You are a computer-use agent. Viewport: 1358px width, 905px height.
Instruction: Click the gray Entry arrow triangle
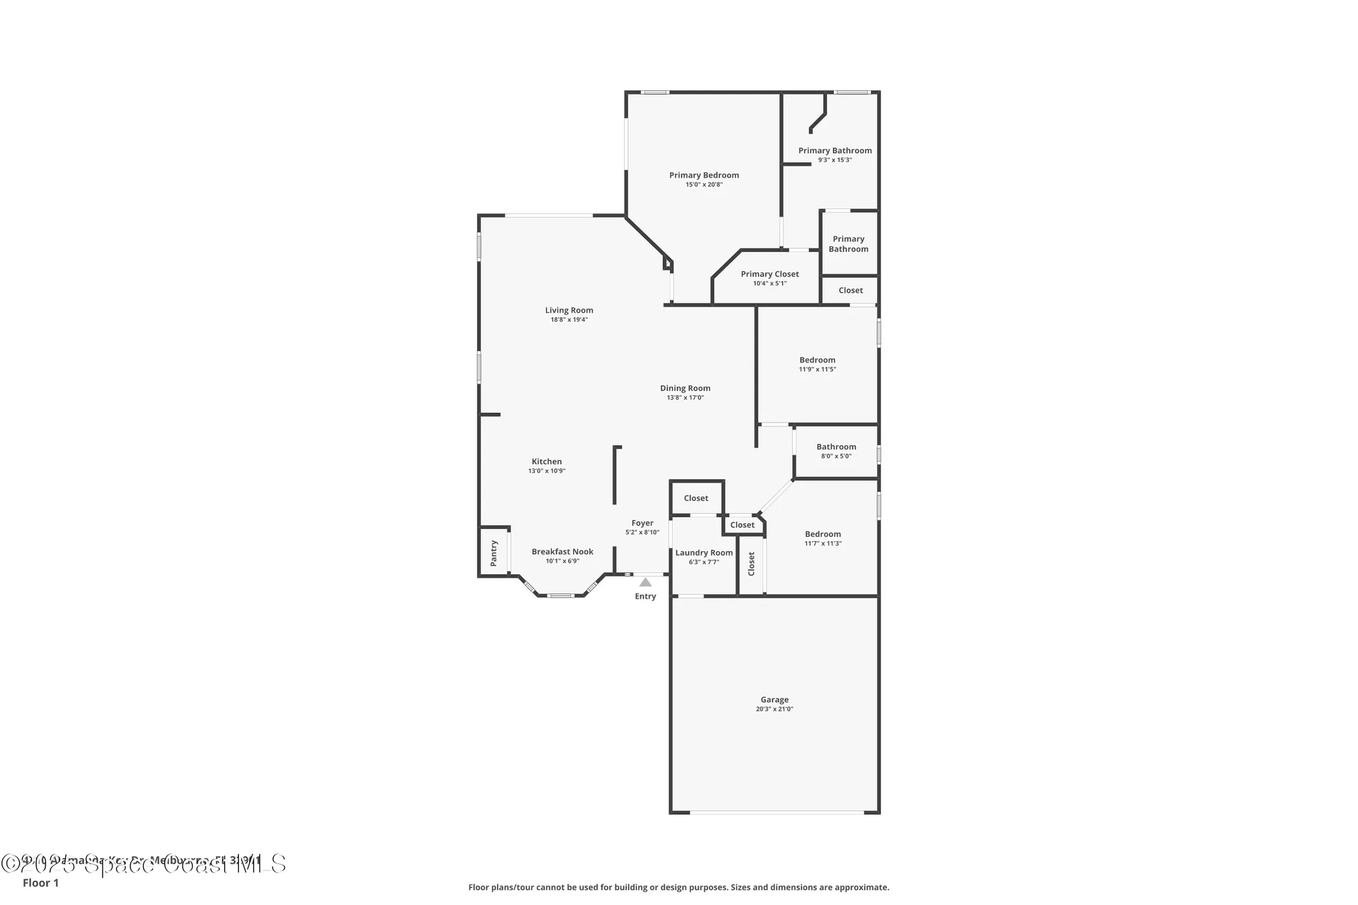point(645,583)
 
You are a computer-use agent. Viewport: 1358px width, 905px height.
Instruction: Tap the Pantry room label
point(494,553)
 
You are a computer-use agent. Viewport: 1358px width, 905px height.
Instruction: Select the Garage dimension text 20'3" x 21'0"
point(774,709)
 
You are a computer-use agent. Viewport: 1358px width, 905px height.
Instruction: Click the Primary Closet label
point(769,274)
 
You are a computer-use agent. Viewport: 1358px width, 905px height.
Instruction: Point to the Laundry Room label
point(703,553)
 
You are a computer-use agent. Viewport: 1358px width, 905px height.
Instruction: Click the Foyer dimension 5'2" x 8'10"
point(642,532)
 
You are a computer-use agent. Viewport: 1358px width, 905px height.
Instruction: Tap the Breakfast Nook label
point(562,552)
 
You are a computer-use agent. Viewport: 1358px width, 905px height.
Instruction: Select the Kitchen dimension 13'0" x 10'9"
point(547,470)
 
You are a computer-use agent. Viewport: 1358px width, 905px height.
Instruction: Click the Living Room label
point(569,310)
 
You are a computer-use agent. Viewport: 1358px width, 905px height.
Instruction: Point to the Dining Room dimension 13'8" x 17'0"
point(685,398)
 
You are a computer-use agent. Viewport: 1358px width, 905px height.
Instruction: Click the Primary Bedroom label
point(703,175)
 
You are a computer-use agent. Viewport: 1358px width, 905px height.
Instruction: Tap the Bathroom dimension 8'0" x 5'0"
point(836,456)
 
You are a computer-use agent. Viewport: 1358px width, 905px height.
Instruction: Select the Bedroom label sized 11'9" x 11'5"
point(817,360)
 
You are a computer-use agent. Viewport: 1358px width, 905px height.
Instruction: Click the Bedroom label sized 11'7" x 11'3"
point(822,534)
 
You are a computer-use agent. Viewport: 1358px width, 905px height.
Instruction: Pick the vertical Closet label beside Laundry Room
point(751,564)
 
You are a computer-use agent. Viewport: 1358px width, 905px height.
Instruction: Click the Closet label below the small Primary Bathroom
point(850,291)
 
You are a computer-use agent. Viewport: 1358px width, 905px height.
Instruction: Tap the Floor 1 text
point(41,883)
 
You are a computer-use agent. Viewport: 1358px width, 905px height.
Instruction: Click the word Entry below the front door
point(645,596)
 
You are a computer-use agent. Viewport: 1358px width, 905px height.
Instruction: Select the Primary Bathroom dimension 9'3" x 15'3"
point(834,160)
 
